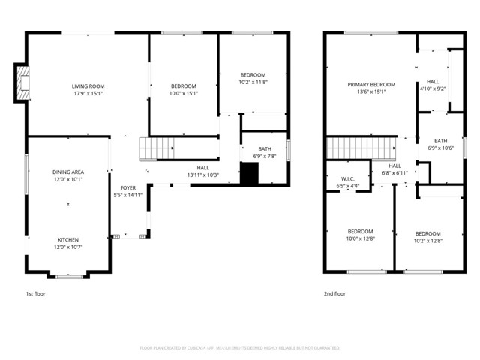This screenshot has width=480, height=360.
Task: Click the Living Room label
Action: [x=87, y=86]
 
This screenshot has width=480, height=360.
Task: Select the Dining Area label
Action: [x=67, y=172]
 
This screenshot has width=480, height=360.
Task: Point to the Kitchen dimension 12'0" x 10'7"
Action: [x=67, y=247]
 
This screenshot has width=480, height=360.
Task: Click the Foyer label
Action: [x=128, y=187]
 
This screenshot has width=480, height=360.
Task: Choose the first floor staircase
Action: [x=156, y=149]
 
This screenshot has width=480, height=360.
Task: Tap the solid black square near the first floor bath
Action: [x=249, y=172]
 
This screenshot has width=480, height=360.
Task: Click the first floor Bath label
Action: [x=265, y=148]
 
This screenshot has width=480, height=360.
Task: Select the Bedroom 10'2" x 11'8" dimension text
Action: [x=253, y=82]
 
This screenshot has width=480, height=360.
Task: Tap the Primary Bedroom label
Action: [x=371, y=85]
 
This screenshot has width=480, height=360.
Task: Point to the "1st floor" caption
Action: [x=35, y=294]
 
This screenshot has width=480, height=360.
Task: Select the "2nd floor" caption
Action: [x=334, y=294]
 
